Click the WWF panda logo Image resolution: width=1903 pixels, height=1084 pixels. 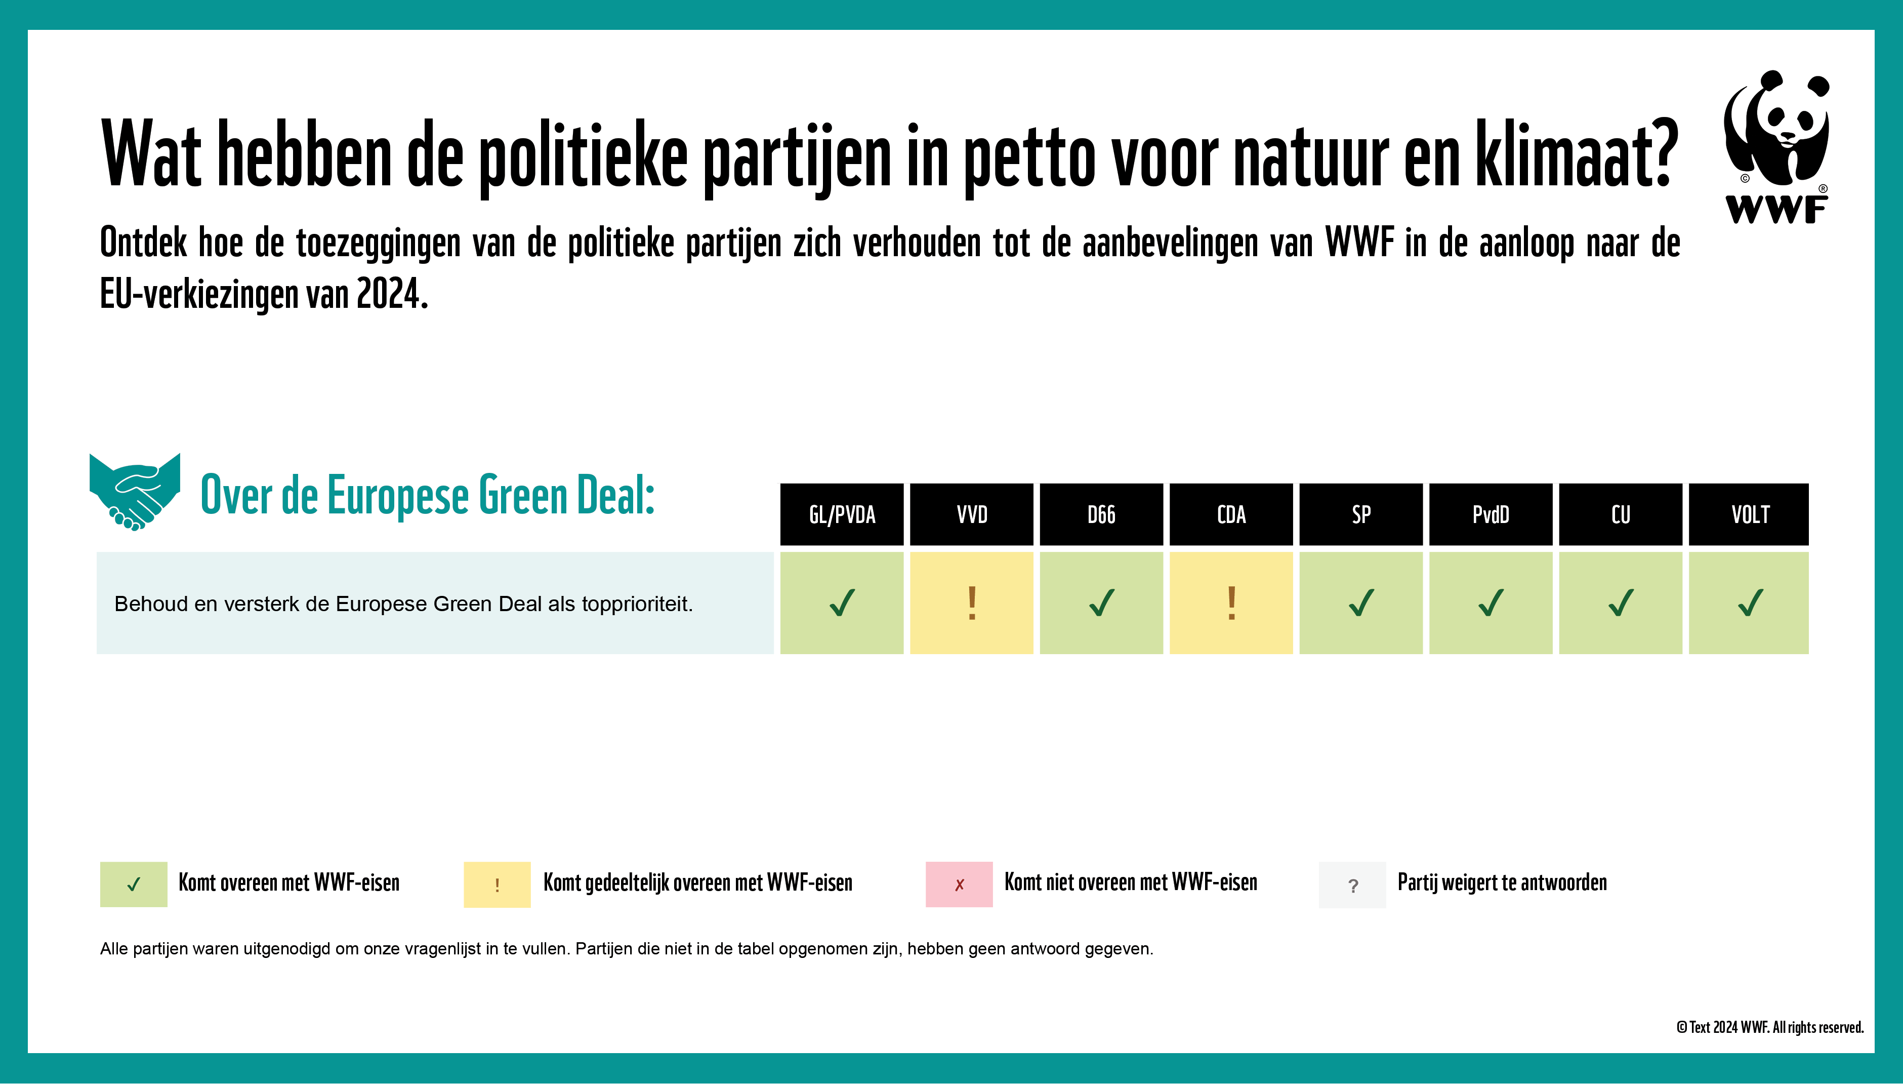coord(1776,147)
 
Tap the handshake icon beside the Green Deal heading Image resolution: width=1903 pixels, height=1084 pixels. coord(135,492)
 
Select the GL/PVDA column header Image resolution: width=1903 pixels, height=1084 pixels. coord(842,514)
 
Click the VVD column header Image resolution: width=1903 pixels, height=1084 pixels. coord(971,514)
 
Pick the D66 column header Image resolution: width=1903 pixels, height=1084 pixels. coord(1101,514)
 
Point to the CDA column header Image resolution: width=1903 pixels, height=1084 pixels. coord(1231,514)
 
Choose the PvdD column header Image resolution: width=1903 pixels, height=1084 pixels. coord(1491,514)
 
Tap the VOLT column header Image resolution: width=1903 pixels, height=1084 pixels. coord(1749,514)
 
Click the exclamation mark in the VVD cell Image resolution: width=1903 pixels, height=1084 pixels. coord(971,603)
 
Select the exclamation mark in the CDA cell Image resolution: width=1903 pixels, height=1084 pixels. coord(1231,603)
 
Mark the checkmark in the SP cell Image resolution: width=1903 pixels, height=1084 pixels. coord(1361,603)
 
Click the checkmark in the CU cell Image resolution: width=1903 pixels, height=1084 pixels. coord(1620,603)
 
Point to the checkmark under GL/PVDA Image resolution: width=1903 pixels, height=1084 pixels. coord(842,603)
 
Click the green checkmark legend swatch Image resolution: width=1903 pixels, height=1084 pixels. coord(134,885)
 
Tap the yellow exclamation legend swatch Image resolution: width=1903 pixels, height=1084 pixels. coord(497,885)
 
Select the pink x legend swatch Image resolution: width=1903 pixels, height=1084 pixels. coord(959,885)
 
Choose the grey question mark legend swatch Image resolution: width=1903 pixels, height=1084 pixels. coord(1352,885)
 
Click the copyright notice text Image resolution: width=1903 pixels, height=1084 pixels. coord(1770,1027)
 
